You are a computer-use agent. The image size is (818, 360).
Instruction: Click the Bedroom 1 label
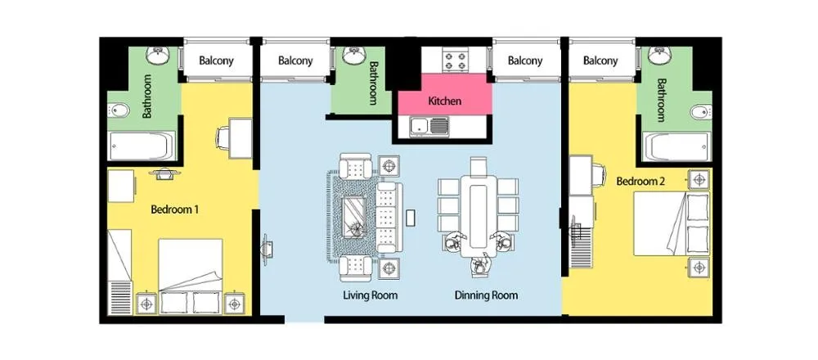175,209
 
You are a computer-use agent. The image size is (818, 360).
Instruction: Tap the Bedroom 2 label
640,182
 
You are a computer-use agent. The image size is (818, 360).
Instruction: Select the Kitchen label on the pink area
444,101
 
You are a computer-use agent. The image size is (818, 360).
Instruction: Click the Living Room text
371,295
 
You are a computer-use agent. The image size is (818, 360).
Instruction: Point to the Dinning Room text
486,295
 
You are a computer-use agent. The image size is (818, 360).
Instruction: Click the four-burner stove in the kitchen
456,60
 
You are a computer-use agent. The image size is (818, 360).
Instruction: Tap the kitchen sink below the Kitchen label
429,126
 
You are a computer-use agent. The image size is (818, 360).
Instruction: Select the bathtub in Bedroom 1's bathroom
142,146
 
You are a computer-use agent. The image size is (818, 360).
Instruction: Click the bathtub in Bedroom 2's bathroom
676,146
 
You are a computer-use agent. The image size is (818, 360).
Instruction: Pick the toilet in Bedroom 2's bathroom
700,111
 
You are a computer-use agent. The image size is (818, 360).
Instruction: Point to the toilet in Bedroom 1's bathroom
119,110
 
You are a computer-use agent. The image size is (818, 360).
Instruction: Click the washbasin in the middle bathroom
354,56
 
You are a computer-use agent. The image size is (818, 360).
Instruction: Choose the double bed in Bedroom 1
190,276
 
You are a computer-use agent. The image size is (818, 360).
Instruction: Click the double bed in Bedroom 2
672,223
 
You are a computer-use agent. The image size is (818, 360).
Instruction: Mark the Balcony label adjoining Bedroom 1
217,61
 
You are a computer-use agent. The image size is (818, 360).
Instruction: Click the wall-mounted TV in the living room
266,245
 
